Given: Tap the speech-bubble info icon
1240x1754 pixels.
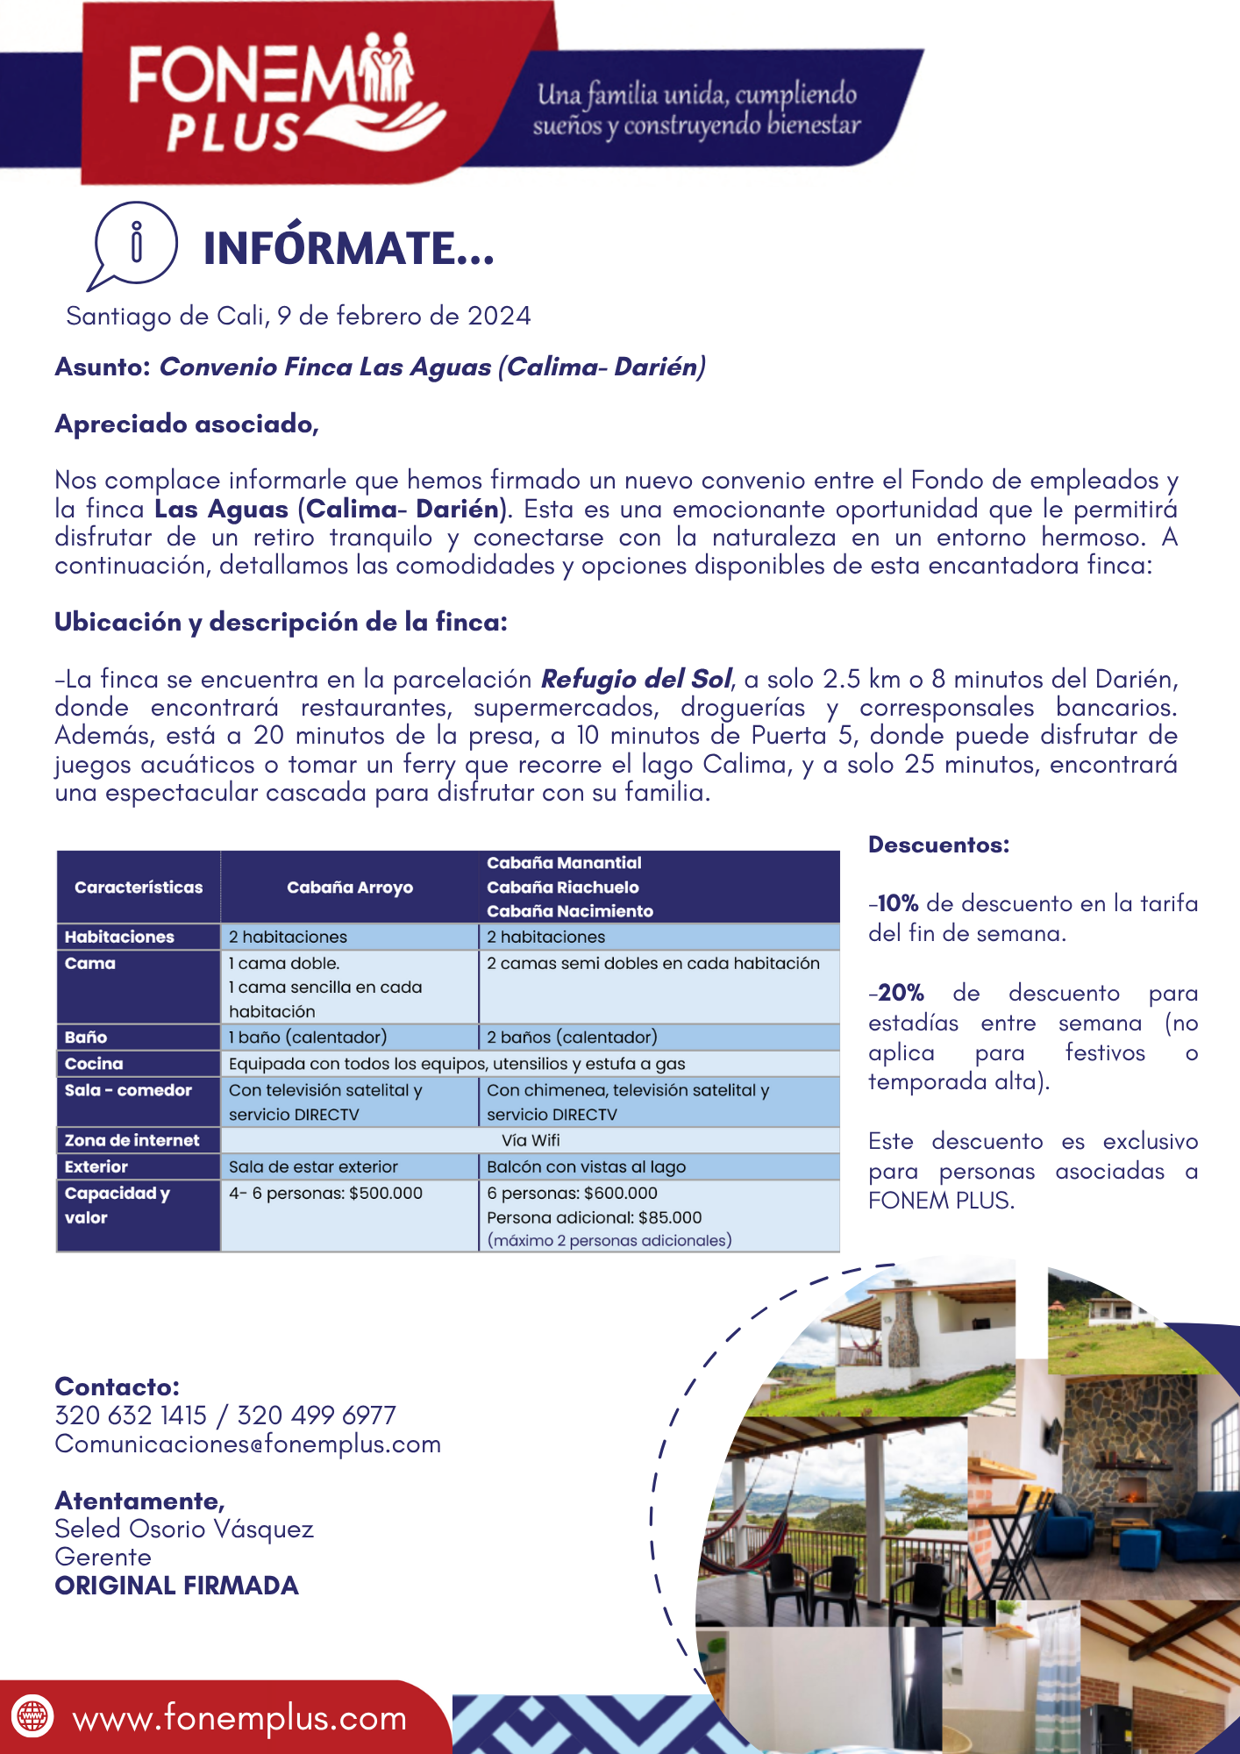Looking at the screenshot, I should [135, 243].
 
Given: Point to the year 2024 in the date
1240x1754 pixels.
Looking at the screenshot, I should [499, 316].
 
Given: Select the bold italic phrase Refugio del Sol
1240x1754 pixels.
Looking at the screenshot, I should [636, 679].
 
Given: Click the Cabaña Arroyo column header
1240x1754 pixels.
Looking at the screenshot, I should [350, 888].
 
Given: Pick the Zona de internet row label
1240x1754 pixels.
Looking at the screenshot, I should [132, 1140].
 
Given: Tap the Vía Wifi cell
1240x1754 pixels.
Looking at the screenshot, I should [531, 1140].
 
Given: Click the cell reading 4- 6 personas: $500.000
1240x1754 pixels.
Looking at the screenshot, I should [326, 1194].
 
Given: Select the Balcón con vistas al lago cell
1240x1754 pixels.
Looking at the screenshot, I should [586, 1167].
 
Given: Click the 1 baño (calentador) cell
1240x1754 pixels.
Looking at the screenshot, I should [308, 1037].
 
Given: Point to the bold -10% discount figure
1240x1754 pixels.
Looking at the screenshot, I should [895, 903].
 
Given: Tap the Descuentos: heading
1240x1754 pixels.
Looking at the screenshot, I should [939, 845].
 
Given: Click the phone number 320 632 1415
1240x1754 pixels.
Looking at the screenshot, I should [131, 1415].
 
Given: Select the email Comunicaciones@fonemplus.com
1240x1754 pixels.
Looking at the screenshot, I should [247, 1444].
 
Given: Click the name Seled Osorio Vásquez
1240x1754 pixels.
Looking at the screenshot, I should [184, 1529].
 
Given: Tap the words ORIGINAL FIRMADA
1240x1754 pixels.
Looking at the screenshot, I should [176, 1586].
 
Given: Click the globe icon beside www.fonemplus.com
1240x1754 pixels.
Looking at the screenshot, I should [32, 1715].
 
